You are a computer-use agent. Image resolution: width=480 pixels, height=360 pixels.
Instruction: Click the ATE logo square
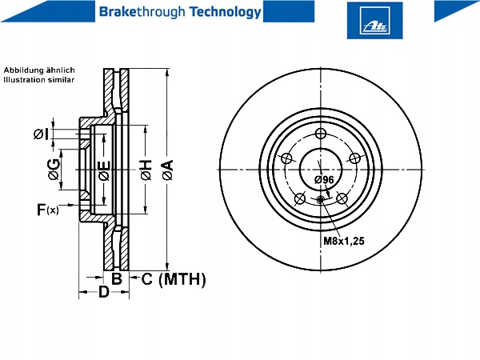374,21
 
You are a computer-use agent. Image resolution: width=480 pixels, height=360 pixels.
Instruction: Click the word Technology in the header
226,12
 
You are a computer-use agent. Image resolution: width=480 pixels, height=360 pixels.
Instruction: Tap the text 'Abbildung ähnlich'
39,70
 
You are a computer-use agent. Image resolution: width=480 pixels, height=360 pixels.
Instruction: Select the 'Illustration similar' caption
39,80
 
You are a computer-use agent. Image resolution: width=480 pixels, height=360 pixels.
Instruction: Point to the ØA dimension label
168,170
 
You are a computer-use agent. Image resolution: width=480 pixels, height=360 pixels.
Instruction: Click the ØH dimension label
146,170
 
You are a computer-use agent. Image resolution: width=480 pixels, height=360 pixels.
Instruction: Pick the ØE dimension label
104,170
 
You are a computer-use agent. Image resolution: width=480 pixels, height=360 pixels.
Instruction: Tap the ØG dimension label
54,169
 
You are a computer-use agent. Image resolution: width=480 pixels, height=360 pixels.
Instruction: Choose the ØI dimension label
41,134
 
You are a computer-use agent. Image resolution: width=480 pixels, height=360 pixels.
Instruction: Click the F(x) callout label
47,210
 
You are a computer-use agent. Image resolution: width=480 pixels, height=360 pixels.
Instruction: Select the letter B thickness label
117,279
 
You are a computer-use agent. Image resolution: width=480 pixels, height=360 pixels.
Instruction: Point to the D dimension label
104,292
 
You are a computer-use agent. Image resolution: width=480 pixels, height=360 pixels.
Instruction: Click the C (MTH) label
174,279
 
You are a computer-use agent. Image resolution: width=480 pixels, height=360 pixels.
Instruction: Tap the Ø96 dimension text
324,180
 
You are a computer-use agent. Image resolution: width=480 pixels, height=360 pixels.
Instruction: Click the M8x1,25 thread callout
344,242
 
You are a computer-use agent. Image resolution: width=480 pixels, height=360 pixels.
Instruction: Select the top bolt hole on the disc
321,134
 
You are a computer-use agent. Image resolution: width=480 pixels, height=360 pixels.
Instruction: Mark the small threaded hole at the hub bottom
321,200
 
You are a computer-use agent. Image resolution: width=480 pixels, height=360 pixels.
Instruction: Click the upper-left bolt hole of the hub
287,158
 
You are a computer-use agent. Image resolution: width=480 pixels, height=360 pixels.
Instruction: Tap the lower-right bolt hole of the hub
342,198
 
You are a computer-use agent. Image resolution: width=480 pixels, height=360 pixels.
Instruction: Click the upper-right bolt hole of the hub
354,158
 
